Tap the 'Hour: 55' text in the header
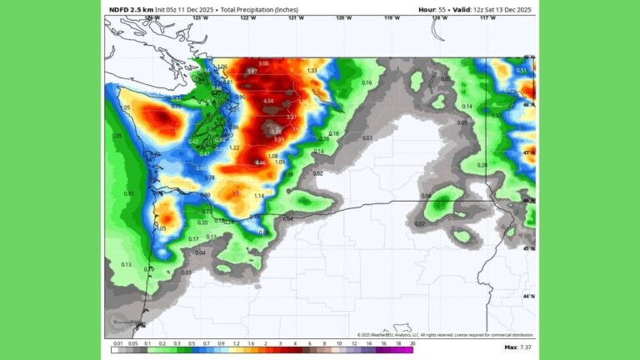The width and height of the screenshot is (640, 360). pyautogui.click(x=434, y=9)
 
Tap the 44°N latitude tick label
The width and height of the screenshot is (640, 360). pyautogui.click(x=528, y=296)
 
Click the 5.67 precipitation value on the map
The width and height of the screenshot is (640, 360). pyautogui.click(x=252, y=72)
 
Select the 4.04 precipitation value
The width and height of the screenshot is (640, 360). pyautogui.click(x=267, y=101)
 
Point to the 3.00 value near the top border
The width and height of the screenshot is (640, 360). pyautogui.click(x=264, y=64)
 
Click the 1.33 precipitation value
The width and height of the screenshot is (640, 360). pyautogui.click(x=312, y=71)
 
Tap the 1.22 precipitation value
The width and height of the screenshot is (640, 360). pyautogui.click(x=235, y=147)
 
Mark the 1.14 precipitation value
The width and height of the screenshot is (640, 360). pyautogui.click(x=259, y=196)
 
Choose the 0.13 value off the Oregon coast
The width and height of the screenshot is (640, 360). pyautogui.click(x=127, y=264)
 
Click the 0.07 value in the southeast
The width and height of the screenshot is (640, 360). pyautogui.click(x=420, y=223)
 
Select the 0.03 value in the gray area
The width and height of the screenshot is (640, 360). pyautogui.click(x=367, y=137)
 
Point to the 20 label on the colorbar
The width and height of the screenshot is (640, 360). pyautogui.click(x=412, y=342)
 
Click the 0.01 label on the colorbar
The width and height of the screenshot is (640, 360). pyautogui.click(x=117, y=342)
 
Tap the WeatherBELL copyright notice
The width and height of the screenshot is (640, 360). pyautogui.click(x=445, y=335)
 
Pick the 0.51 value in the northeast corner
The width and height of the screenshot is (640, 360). pyautogui.click(x=521, y=71)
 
